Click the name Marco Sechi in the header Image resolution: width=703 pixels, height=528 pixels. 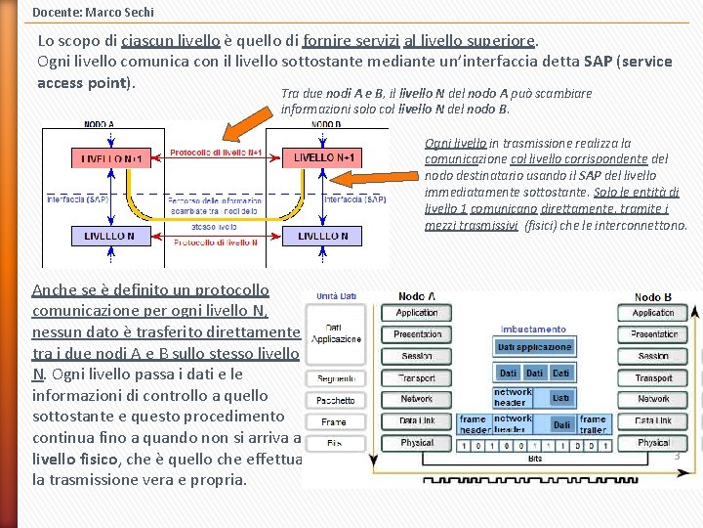[121, 12]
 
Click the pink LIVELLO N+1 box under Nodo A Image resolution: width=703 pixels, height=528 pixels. [110, 157]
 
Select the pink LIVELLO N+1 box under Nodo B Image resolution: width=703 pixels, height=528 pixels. [323, 157]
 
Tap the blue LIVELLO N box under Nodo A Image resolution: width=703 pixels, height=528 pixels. [110, 236]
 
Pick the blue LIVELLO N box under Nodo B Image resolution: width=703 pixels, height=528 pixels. [323, 236]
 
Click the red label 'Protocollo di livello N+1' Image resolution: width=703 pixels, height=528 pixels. [216, 153]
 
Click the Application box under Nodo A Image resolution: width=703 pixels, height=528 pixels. [416, 313]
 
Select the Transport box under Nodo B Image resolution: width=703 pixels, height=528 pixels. [653, 377]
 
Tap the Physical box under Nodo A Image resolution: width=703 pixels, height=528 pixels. [416, 443]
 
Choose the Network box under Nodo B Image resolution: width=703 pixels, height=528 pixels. [653, 399]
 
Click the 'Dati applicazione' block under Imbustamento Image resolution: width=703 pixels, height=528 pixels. [534, 347]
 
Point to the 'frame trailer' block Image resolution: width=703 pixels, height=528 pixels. [592, 424]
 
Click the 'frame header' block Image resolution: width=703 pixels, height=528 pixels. [474, 424]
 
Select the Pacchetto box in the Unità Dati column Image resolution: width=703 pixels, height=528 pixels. [335, 400]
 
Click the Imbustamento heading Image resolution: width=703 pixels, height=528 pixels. [533, 330]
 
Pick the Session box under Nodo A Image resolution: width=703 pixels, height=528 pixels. [416, 356]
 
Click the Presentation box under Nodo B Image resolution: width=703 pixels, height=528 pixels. [653, 334]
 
